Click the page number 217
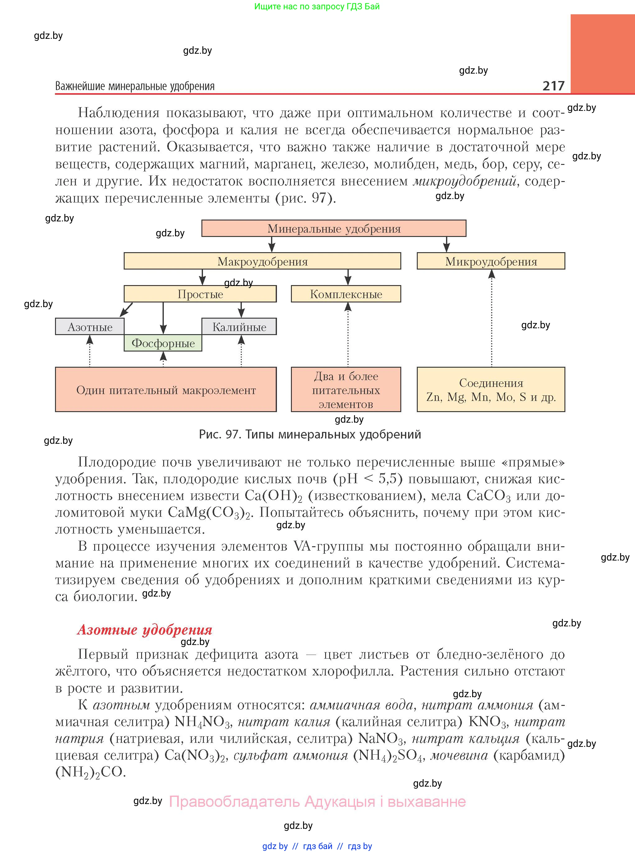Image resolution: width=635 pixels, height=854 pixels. coord(553,86)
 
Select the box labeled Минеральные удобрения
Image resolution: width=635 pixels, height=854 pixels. coord(334,229)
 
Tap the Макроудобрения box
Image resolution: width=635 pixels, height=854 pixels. coord(262,261)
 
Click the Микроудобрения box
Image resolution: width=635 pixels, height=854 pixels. coord(491,261)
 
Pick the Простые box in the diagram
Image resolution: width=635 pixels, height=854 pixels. coord(200,294)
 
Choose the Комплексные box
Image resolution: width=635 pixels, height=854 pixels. coord(346,294)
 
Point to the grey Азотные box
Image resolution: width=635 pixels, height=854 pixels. coord(90,327)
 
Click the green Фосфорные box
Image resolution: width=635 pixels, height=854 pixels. coord(163,343)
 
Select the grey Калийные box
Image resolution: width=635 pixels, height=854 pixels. coord(239,327)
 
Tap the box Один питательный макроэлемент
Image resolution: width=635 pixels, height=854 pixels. coord(166,390)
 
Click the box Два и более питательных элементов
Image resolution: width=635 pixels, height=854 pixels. coord(346,390)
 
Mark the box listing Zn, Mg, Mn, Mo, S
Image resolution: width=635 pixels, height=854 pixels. coord(491,390)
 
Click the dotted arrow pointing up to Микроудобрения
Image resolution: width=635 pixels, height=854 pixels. coord(492,319)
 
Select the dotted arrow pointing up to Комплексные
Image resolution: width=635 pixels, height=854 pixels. coord(348,334)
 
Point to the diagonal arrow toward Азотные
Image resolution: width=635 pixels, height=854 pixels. coord(127,309)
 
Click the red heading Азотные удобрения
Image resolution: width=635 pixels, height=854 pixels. coord(145,630)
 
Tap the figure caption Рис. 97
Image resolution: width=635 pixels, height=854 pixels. coord(310,434)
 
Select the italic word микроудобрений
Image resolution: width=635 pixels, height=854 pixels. coord(464,181)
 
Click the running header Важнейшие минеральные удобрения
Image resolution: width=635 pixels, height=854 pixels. coord(135,86)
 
